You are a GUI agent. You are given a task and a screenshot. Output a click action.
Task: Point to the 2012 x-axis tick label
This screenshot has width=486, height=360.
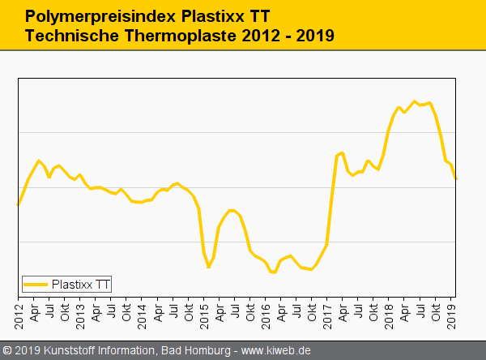coord(19,312)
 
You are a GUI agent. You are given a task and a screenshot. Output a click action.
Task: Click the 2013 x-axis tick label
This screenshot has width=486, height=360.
coord(80,312)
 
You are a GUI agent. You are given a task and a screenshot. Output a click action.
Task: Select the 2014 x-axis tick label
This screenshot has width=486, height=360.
coord(143,312)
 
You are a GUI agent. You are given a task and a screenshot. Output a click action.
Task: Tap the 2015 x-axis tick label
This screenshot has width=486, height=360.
coord(204,312)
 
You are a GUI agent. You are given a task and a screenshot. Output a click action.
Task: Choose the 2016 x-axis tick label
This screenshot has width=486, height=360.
coord(266,312)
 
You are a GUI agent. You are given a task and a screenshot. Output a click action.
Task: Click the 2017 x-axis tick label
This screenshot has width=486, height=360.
coord(328,312)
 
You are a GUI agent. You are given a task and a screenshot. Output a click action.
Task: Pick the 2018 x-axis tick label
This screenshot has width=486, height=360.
coord(390,312)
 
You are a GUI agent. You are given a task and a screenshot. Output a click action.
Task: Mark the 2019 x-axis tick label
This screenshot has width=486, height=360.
coord(452,312)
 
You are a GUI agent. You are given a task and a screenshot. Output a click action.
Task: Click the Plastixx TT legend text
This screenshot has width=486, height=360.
coord(81,284)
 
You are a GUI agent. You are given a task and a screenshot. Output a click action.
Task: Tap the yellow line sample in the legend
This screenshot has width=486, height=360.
coord(36,285)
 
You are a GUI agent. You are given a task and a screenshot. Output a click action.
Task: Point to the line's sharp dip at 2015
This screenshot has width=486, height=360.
coord(208,267)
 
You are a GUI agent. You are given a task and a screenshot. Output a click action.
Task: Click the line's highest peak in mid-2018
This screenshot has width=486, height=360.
coord(415,101)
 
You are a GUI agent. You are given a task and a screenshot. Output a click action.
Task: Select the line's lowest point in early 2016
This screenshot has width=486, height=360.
coord(273,272)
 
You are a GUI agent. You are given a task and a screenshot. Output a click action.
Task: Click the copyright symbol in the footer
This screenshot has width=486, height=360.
coord(8,351)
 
